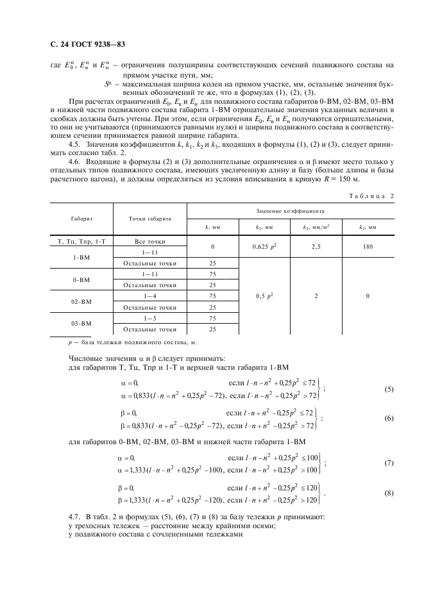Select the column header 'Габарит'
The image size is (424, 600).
pyautogui.click(x=80, y=219)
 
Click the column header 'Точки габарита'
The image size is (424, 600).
pyautogui.click(x=149, y=219)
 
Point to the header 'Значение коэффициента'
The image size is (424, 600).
pyautogui.click(x=291, y=210)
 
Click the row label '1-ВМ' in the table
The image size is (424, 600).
pyautogui.click(x=80, y=257)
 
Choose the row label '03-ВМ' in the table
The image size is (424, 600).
pyautogui.click(x=80, y=323)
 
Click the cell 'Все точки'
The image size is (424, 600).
pyautogui.click(x=149, y=241)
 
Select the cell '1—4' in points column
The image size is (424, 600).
pyautogui.click(x=149, y=296)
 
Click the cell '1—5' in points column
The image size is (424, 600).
pyautogui.click(x=149, y=318)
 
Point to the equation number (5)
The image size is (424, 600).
pyautogui.click(x=389, y=390)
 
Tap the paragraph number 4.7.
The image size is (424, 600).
pyautogui.click(x=74, y=517)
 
